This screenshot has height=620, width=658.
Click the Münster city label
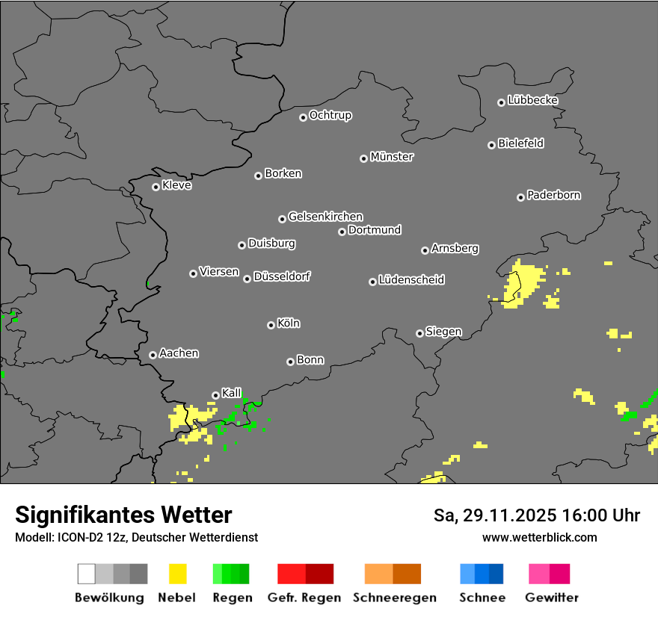click(x=392, y=157)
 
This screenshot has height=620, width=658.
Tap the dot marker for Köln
click(x=271, y=325)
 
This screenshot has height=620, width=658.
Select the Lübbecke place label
click(x=533, y=100)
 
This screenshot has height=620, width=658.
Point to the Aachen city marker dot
click(x=153, y=355)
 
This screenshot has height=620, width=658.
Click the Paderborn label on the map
click(x=554, y=195)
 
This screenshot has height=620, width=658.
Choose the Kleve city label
click(x=177, y=185)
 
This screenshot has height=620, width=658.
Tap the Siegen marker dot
click(x=419, y=333)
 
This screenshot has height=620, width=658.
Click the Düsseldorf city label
click(x=282, y=276)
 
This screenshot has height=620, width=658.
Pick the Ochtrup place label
click(x=330, y=115)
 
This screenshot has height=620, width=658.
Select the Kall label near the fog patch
click(x=232, y=393)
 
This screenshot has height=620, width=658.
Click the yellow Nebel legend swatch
click(x=178, y=574)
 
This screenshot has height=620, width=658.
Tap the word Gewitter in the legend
click(x=552, y=598)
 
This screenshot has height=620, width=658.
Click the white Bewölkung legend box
click(x=87, y=574)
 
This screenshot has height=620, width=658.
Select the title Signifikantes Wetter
click(x=123, y=515)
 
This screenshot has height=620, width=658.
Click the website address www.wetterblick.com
click(x=540, y=537)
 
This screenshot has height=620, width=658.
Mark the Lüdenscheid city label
click(x=411, y=280)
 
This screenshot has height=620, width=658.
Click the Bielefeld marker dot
click(x=492, y=145)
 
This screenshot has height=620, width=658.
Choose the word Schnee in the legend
click(x=482, y=598)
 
